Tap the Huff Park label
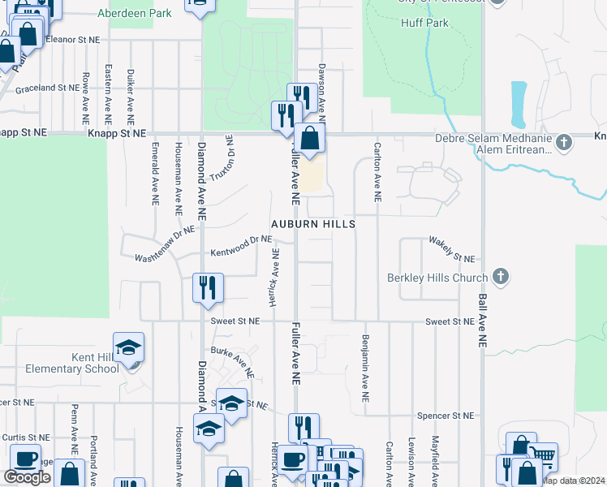coord(424,24)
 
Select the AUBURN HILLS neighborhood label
coord(313,222)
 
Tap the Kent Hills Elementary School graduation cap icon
coord(128,348)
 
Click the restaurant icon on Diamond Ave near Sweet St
coord(208,287)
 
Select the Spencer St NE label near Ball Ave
coord(445,416)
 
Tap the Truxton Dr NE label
coord(222,157)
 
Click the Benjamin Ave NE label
coord(366,369)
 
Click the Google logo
coord(27,477)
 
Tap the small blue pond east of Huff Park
coord(519,99)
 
